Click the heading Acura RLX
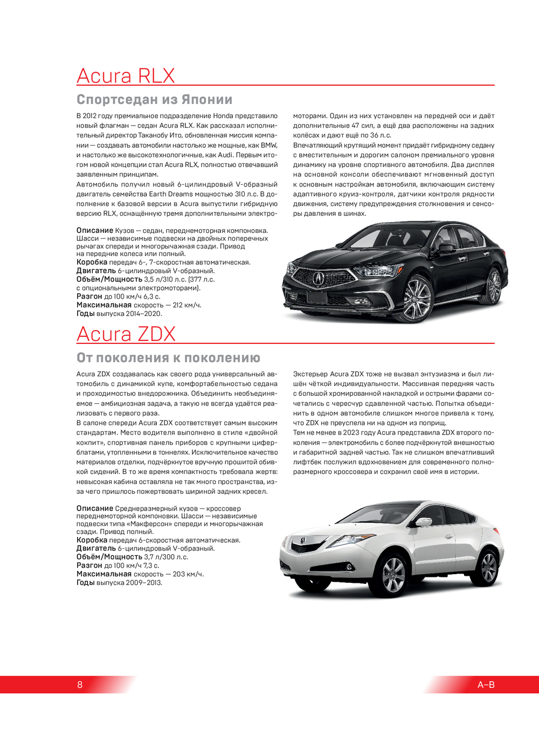tap(126, 76)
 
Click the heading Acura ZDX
tap(126, 334)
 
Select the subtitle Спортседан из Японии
tap(154, 100)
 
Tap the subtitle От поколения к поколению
tap(168, 358)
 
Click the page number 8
tap(80, 685)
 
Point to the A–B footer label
tap(486, 685)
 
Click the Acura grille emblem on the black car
tap(319, 278)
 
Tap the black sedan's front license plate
tap(317, 297)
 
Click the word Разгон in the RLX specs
tap(89, 297)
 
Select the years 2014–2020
tap(143, 314)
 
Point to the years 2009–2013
tap(144, 583)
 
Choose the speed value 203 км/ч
tap(188, 574)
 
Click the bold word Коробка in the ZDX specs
tap(92, 540)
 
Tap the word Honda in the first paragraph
tap(223, 116)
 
